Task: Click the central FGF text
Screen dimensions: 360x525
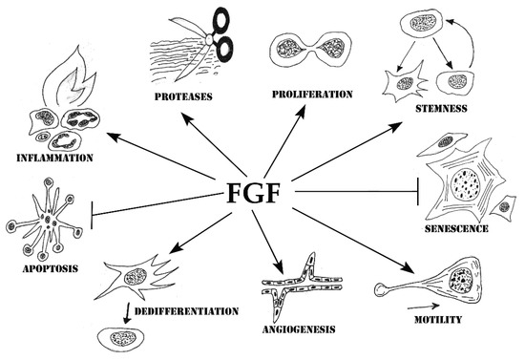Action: click(x=253, y=195)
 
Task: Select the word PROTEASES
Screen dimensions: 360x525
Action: click(x=184, y=96)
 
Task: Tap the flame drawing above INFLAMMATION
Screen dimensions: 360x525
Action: click(x=68, y=74)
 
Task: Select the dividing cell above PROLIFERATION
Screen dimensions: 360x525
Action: click(x=305, y=51)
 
